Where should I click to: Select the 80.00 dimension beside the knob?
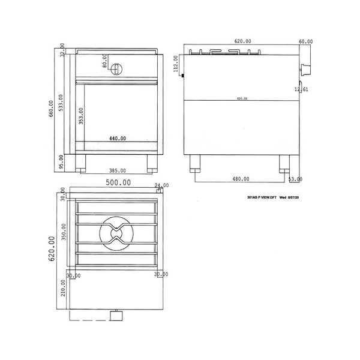(104, 61)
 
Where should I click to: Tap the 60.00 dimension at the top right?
(305, 42)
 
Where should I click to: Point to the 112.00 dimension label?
(175, 64)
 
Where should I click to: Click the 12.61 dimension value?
(301, 90)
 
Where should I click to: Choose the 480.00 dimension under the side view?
(241, 179)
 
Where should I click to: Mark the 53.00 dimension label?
(295, 179)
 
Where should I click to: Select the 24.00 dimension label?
(161, 186)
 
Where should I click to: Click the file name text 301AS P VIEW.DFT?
(262, 196)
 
